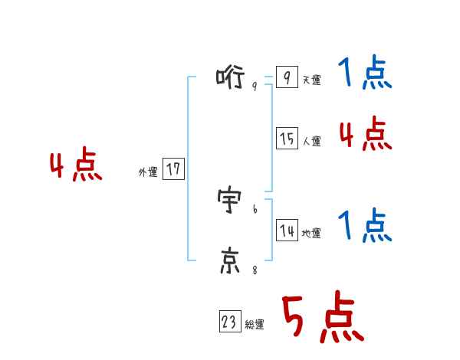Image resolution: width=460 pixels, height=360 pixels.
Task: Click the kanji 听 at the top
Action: click(230, 77)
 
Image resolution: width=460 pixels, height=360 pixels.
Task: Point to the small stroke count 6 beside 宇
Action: click(255, 208)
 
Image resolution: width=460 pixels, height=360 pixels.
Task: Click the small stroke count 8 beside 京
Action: click(255, 269)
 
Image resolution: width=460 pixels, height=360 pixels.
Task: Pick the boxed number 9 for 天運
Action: click(286, 77)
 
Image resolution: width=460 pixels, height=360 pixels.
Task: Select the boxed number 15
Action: click(287, 139)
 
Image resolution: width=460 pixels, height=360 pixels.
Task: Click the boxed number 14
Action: click(287, 231)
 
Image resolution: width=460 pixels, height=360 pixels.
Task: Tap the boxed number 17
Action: click(173, 169)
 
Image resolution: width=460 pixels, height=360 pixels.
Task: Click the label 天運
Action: click(311, 80)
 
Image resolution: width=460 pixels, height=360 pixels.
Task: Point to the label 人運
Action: click(311, 142)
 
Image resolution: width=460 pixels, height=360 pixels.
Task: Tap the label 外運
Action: click(148, 172)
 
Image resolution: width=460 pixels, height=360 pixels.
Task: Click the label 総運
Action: click(255, 326)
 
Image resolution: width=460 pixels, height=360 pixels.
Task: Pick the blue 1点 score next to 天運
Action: click(365, 74)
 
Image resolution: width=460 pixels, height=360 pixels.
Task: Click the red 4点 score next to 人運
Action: click(365, 134)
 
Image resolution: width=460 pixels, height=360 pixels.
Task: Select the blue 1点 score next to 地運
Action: click(365, 226)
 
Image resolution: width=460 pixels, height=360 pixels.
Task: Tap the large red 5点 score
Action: click(321, 319)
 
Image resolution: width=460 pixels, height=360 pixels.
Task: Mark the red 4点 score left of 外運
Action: click(76, 166)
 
